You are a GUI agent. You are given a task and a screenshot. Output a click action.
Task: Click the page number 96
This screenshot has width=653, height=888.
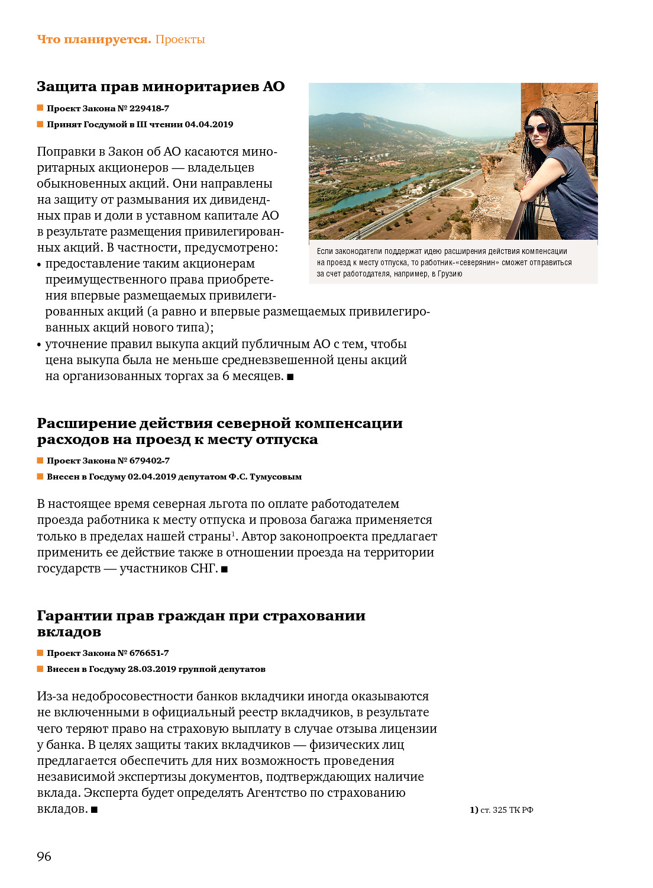pos(44,856)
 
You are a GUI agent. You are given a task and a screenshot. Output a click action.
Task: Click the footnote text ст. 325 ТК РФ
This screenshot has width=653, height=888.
pos(506,810)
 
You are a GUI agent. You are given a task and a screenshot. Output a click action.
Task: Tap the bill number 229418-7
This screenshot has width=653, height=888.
pos(149,108)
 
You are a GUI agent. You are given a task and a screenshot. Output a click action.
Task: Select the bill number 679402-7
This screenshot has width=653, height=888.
pos(149,461)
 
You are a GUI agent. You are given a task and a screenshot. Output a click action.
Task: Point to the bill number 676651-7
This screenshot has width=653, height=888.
pos(149,653)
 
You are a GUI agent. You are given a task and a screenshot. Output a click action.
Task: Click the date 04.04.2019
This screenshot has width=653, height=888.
pos(209,124)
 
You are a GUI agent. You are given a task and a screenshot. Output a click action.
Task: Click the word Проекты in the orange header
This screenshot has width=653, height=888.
pos(180,40)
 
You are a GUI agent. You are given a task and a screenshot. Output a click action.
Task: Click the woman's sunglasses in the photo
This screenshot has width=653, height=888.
pos(537,128)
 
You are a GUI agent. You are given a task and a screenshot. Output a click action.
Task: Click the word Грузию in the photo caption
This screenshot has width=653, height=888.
pos(450,274)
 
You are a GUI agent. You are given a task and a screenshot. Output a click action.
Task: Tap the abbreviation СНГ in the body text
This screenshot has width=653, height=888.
pos(203,569)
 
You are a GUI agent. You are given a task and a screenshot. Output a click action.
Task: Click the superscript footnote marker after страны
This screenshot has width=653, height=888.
pos(233,533)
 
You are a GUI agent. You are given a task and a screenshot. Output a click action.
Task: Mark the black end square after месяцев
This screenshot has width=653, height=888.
pos(290,377)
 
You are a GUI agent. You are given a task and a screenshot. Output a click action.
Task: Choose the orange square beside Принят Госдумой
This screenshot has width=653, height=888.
pos(40,124)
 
